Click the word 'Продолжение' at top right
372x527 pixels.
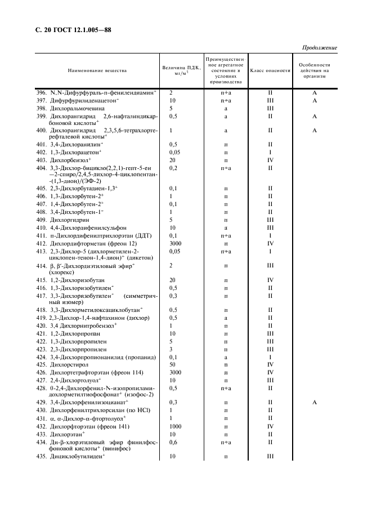[319, 47]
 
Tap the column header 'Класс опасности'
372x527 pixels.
[270, 71]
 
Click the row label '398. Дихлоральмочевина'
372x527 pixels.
[69, 108]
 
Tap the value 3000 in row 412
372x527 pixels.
[176, 243]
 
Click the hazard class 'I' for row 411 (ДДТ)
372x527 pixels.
[270, 235]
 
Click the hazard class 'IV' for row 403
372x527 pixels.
[270, 160]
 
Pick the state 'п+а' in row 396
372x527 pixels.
[226, 92]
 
